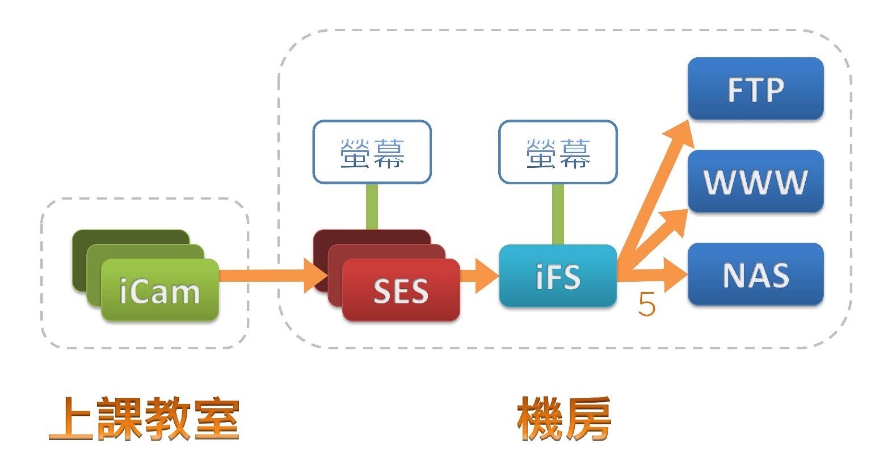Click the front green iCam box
click(160, 290)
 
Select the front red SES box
click(401, 290)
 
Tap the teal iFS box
click(557, 276)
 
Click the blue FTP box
click(755, 88)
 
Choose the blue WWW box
click(755, 181)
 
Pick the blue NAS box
click(755, 274)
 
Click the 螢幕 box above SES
click(372, 152)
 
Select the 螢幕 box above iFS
click(557, 152)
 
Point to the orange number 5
click(647, 305)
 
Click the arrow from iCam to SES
click(267, 276)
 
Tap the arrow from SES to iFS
click(479, 276)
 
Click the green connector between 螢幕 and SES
click(372, 206)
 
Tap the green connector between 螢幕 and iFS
click(557, 214)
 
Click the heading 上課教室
click(144, 420)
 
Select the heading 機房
click(563, 420)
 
